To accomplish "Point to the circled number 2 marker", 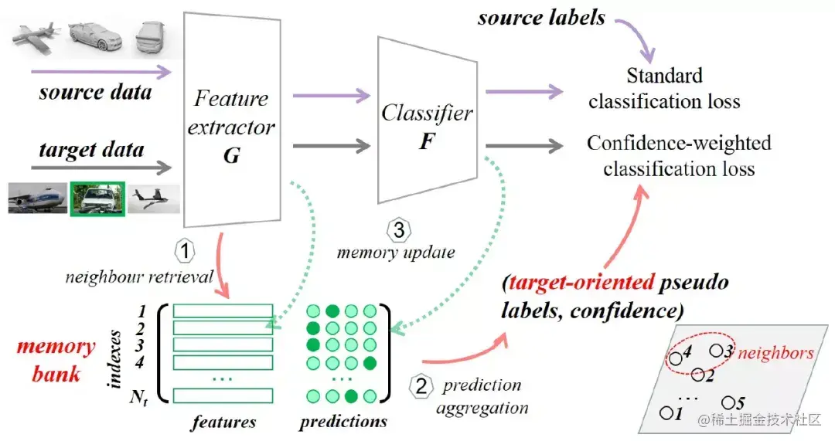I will [421, 386].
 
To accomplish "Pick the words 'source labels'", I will [541, 17].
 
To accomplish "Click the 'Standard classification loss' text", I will [664, 89].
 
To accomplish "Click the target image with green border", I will [97, 198].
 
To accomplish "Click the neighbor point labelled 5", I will [728, 402].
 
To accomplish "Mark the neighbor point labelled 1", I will [666, 412].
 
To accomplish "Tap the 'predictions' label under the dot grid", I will [343, 422].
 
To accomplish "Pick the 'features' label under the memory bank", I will [224, 422].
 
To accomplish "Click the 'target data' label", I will [91, 148].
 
